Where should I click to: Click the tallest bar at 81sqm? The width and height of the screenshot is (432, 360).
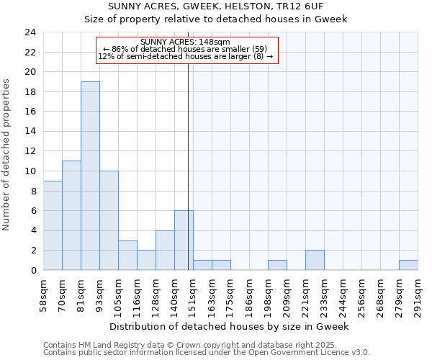coord(90,176)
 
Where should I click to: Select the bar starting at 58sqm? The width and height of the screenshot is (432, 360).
coord(53,225)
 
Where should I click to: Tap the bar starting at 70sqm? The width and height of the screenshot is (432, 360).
coord(71,215)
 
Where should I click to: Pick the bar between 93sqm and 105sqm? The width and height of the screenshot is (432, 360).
coord(109,220)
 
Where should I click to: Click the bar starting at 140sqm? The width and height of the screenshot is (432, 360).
coord(184,240)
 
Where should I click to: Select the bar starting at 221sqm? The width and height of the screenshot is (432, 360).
coord(315,260)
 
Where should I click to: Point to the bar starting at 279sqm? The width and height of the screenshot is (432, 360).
coord(408,265)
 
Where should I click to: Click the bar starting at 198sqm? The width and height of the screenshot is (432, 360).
coord(277,265)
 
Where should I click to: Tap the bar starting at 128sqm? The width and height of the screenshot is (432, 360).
coord(165,250)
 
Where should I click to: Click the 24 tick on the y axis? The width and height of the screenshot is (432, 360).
coord(30,32)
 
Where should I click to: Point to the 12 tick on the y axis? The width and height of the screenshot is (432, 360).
coord(30,151)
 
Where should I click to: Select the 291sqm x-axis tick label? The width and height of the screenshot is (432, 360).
coord(418,295)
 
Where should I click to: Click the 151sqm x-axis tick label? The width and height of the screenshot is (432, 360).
coord(193,295)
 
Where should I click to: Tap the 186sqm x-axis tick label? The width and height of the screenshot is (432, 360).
coord(249,295)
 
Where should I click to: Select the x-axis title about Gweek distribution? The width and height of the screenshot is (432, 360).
coord(230,326)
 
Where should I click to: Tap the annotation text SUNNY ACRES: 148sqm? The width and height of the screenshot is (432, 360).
coord(186,42)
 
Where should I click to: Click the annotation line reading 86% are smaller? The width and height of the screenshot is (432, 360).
coord(186,49)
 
